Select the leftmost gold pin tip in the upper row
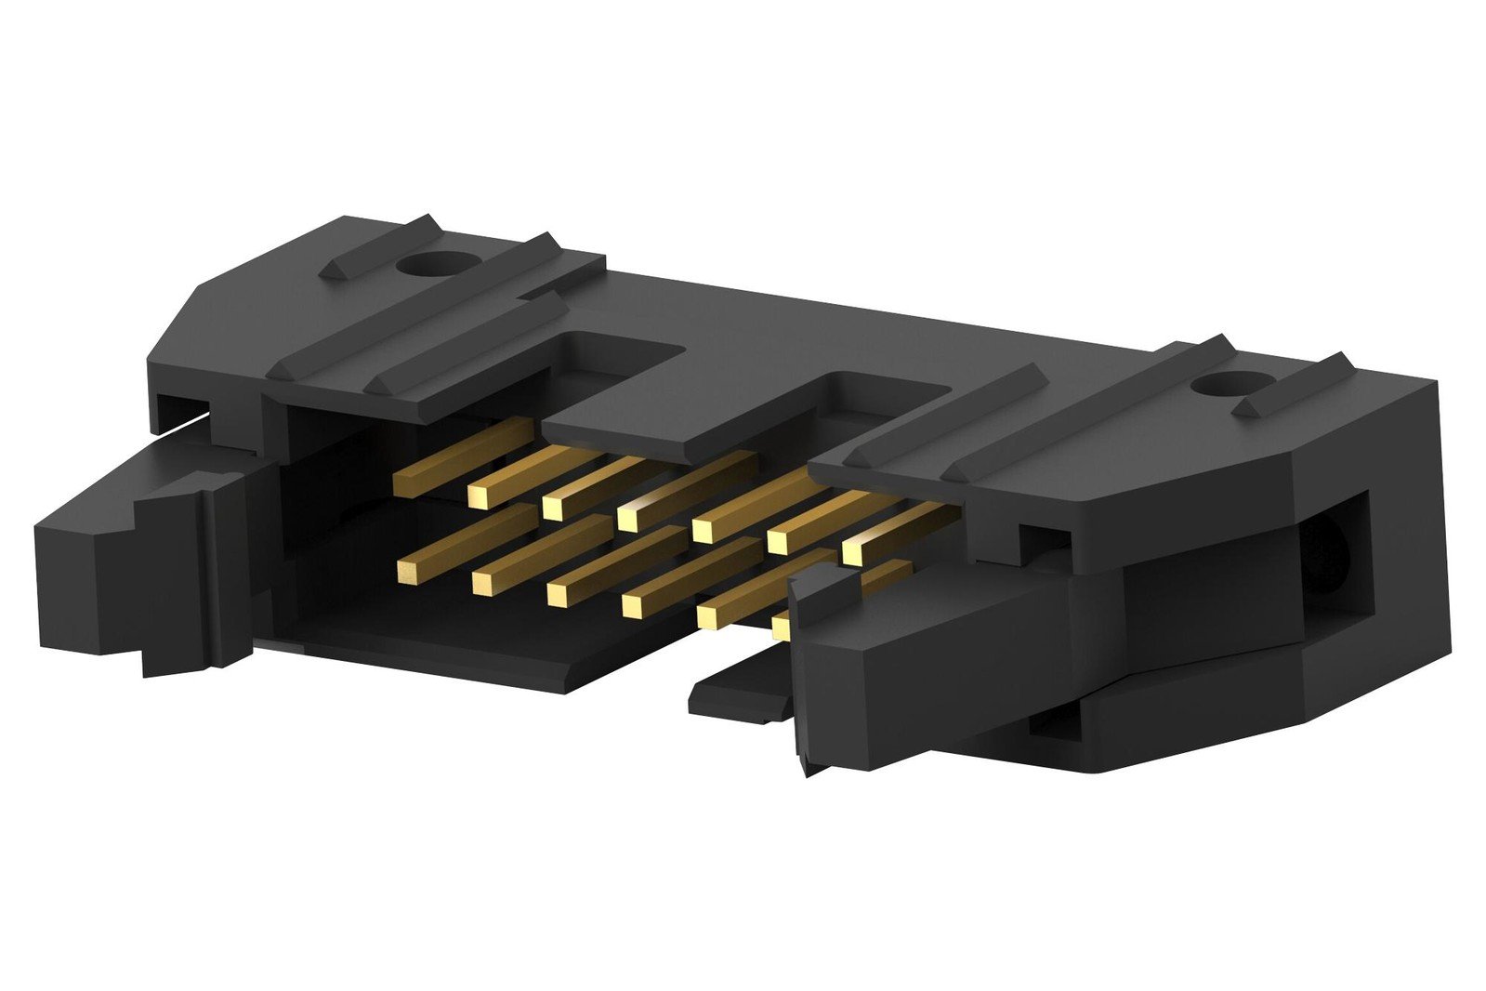[404, 483]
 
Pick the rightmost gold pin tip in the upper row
[854, 553]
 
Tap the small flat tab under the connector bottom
[734, 697]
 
